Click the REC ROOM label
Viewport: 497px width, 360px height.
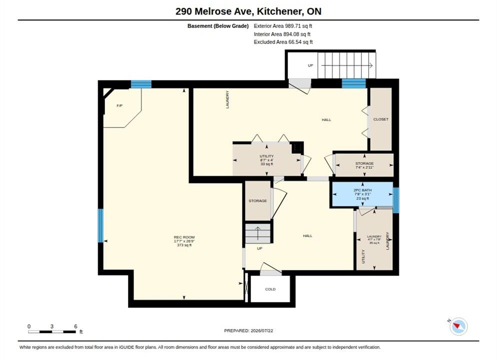pos(184,237)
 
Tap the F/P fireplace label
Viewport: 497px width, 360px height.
pos(119,106)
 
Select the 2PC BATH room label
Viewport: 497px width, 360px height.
pos(362,190)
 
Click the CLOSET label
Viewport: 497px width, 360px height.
pos(380,119)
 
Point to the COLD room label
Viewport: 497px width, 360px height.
pos(270,289)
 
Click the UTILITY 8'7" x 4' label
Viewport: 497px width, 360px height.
pos(266,160)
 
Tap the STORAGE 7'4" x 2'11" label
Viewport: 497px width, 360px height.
pos(364,165)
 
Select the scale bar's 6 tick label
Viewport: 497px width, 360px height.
pos(75,326)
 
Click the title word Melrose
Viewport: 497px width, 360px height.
pos(223,11)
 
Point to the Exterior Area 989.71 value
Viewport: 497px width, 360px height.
pos(298,26)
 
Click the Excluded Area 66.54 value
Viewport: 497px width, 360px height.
pos(300,42)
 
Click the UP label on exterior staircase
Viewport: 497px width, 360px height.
pos(310,65)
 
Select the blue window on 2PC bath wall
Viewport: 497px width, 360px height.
pos(396,200)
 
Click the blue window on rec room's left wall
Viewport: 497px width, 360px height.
pos(100,225)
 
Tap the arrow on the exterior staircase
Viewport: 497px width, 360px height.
pos(347,65)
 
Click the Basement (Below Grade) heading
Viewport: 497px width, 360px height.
pos(218,26)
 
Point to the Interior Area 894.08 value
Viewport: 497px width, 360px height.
pos(297,34)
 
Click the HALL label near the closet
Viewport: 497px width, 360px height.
pos(326,120)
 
